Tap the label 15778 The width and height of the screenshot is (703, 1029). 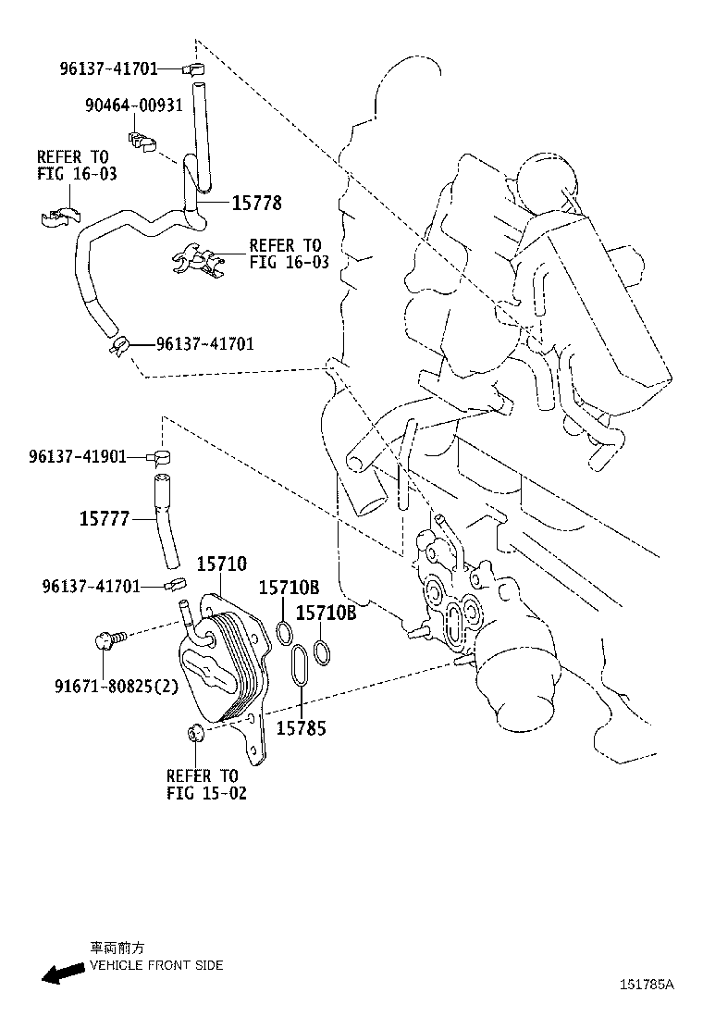(256, 203)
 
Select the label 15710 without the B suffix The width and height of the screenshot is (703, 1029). (221, 564)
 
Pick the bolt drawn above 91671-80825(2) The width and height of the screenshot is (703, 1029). (105, 638)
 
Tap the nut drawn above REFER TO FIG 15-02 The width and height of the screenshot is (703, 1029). (194, 733)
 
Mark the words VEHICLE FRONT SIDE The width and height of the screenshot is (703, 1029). (156, 965)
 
